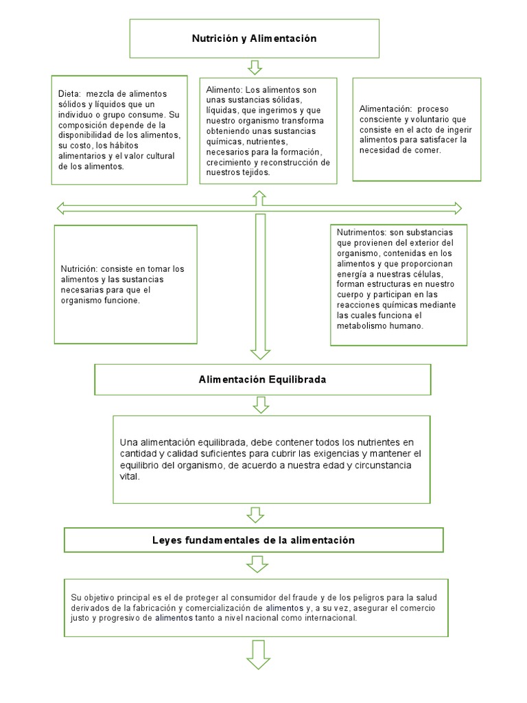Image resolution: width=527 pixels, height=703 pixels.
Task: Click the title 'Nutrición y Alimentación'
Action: coord(254,38)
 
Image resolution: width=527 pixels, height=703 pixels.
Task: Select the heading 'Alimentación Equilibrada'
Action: coord(262,379)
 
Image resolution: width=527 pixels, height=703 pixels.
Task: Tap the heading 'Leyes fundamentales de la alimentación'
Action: coord(253,540)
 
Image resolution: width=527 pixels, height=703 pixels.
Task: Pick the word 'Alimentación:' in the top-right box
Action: coord(385,109)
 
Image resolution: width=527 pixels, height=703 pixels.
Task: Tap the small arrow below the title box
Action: coord(255,67)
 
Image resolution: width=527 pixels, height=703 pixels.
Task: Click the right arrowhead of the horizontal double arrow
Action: coord(456,207)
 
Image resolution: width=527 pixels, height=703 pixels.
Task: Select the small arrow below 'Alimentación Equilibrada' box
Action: coord(261,405)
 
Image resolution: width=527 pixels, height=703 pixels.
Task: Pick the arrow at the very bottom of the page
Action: coord(259,656)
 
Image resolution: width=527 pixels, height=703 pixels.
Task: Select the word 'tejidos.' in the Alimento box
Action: coord(255,173)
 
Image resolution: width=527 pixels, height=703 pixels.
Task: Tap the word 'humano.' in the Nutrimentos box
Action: coord(408,326)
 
